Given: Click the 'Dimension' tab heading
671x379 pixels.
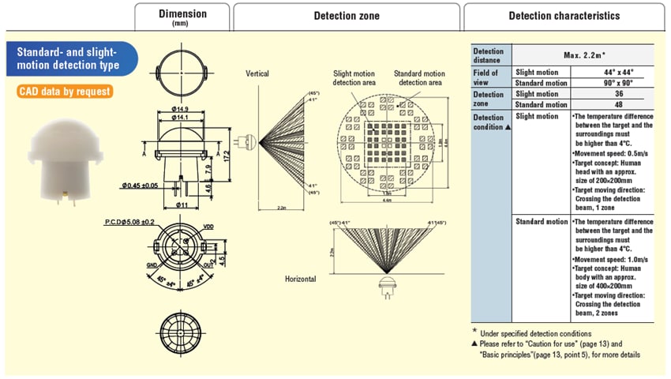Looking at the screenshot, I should (x=182, y=16).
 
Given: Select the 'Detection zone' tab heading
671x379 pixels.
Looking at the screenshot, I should (x=347, y=16).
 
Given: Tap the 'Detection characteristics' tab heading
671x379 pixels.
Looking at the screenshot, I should (x=564, y=16).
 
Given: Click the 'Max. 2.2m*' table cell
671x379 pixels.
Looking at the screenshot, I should (x=584, y=55).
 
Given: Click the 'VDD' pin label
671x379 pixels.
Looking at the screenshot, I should (x=208, y=227).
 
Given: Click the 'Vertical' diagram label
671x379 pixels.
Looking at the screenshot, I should (x=257, y=73).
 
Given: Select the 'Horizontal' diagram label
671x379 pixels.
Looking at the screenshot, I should (x=300, y=279).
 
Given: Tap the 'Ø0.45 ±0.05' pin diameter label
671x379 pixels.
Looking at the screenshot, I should (x=141, y=186).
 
